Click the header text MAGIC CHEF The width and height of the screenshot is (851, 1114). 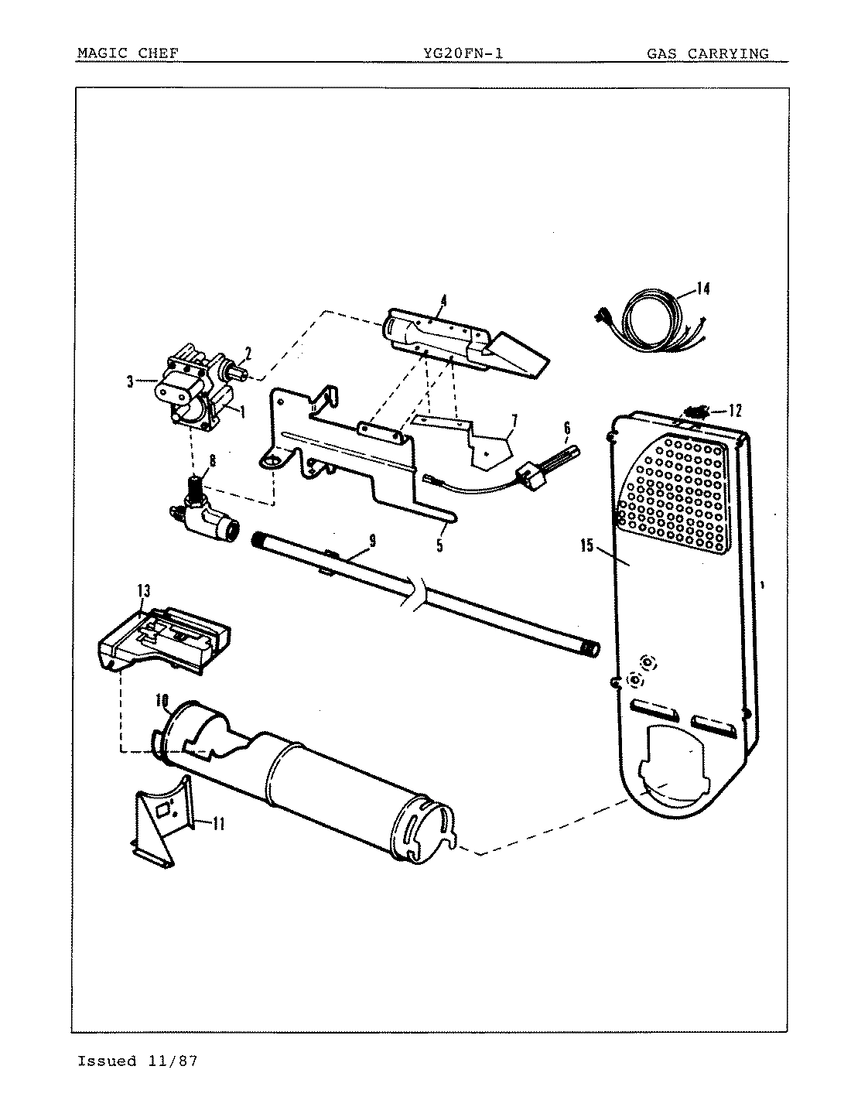point(128,53)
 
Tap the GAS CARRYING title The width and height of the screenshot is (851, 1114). point(707,53)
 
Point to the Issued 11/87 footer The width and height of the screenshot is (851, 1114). point(137,1061)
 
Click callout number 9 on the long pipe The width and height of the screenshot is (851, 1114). point(372,541)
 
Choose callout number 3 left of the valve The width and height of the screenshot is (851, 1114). point(130,380)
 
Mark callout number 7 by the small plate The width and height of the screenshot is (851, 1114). point(512,421)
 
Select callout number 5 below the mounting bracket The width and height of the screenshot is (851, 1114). point(439,545)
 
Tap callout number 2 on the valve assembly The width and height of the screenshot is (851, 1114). point(248,354)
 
